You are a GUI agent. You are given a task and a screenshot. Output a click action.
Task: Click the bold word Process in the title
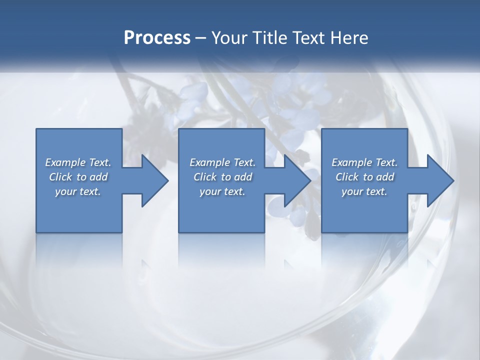pyautogui.click(x=157, y=38)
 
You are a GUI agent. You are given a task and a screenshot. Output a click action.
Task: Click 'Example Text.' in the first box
pyautogui.click(x=78, y=162)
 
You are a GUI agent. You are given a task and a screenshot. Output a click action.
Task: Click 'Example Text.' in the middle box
pyautogui.click(x=222, y=162)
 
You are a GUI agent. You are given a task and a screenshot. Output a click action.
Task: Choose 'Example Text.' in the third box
pyautogui.click(x=364, y=162)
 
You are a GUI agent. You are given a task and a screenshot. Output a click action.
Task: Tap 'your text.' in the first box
pyautogui.click(x=78, y=191)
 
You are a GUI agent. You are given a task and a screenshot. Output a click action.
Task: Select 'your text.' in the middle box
pyautogui.click(x=222, y=191)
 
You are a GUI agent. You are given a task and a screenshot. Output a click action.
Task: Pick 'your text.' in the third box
pyautogui.click(x=364, y=191)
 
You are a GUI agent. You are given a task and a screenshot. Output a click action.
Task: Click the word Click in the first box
pyautogui.click(x=60, y=177)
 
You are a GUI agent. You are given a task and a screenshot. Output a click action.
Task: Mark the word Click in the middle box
pyautogui.click(x=205, y=177)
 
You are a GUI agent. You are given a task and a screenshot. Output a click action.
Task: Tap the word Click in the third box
pyautogui.click(x=347, y=177)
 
